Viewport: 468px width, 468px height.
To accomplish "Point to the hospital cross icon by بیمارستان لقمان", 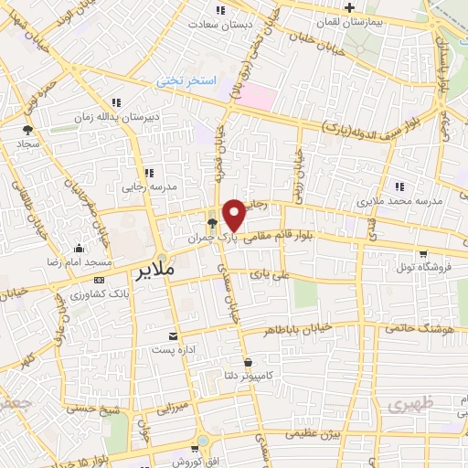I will pyautogui.click(x=349, y=8).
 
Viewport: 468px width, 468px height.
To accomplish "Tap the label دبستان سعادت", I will pyautogui.click(x=220, y=24).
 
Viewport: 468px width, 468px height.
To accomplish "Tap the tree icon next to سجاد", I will pyautogui.click(x=28, y=130).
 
